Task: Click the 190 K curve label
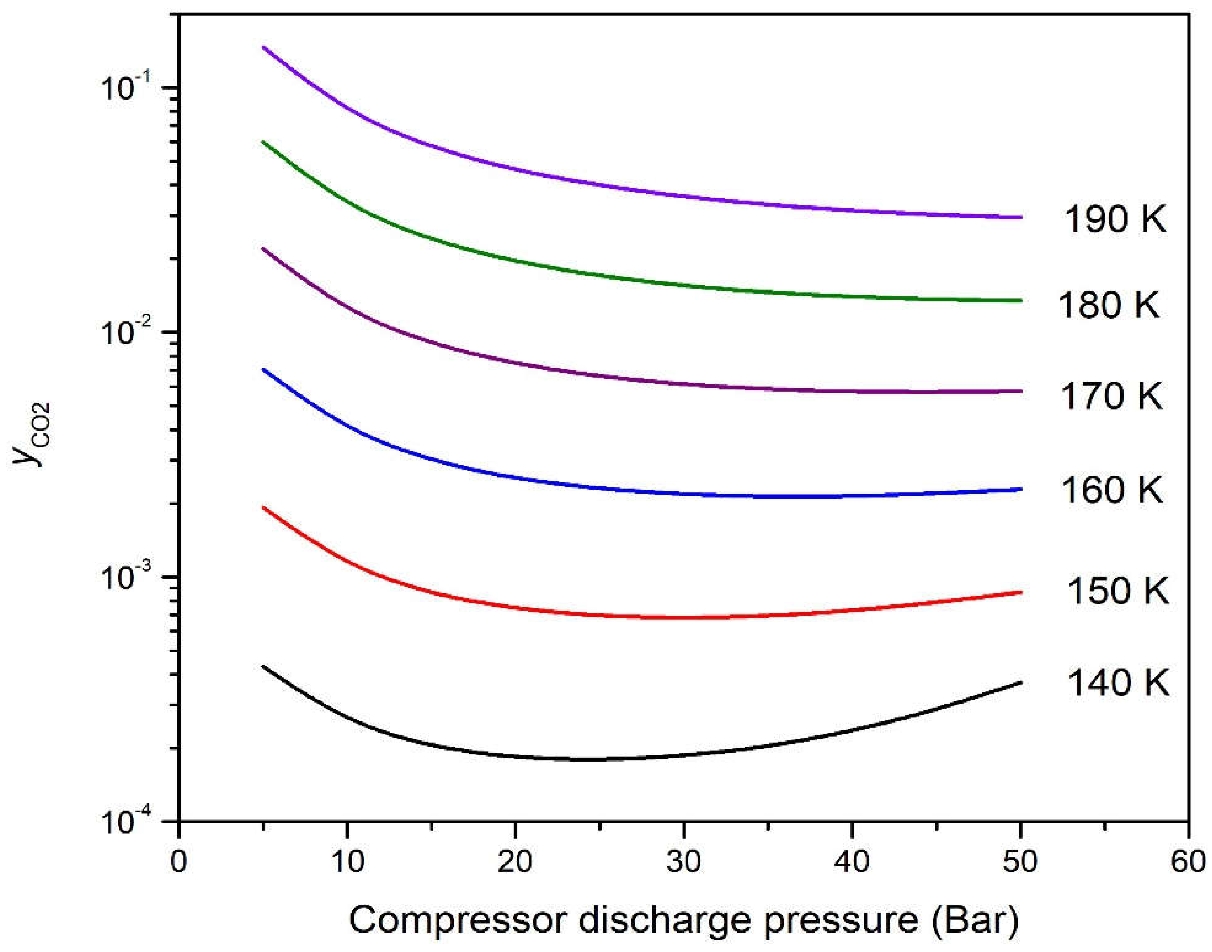click(x=1115, y=219)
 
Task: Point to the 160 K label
click(x=1111, y=490)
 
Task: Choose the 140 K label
click(x=1117, y=682)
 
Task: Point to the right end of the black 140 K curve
click(x=1020, y=682)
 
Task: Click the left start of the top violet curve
click(x=264, y=47)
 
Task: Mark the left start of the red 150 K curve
click(x=264, y=508)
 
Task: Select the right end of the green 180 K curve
click(x=1020, y=301)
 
